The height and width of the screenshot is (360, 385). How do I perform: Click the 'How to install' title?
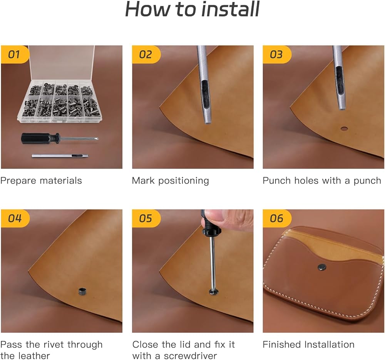tap(192, 9)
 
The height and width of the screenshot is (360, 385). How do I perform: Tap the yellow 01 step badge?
tap(15, 55)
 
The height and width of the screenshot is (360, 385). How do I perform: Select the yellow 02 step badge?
tap(146, 55)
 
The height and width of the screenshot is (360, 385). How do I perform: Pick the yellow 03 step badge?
tap(277, 55)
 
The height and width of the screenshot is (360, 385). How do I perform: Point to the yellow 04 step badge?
tap(15, 218)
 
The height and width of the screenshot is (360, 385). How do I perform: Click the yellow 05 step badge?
tap(146, 218)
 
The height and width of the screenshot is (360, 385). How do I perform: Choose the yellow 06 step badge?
tap(277, 218)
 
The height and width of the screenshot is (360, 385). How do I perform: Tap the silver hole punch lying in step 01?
tap(60, 156)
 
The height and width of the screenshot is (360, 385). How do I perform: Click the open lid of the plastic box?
tap(62, 64)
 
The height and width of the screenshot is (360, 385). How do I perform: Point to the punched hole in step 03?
tap(344, 129)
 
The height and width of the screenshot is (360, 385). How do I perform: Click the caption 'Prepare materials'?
tap(41, 181)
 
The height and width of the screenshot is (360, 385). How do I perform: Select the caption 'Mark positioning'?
tap(171, 181)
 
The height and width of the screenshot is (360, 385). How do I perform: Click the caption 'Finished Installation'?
tap(308, 345)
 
